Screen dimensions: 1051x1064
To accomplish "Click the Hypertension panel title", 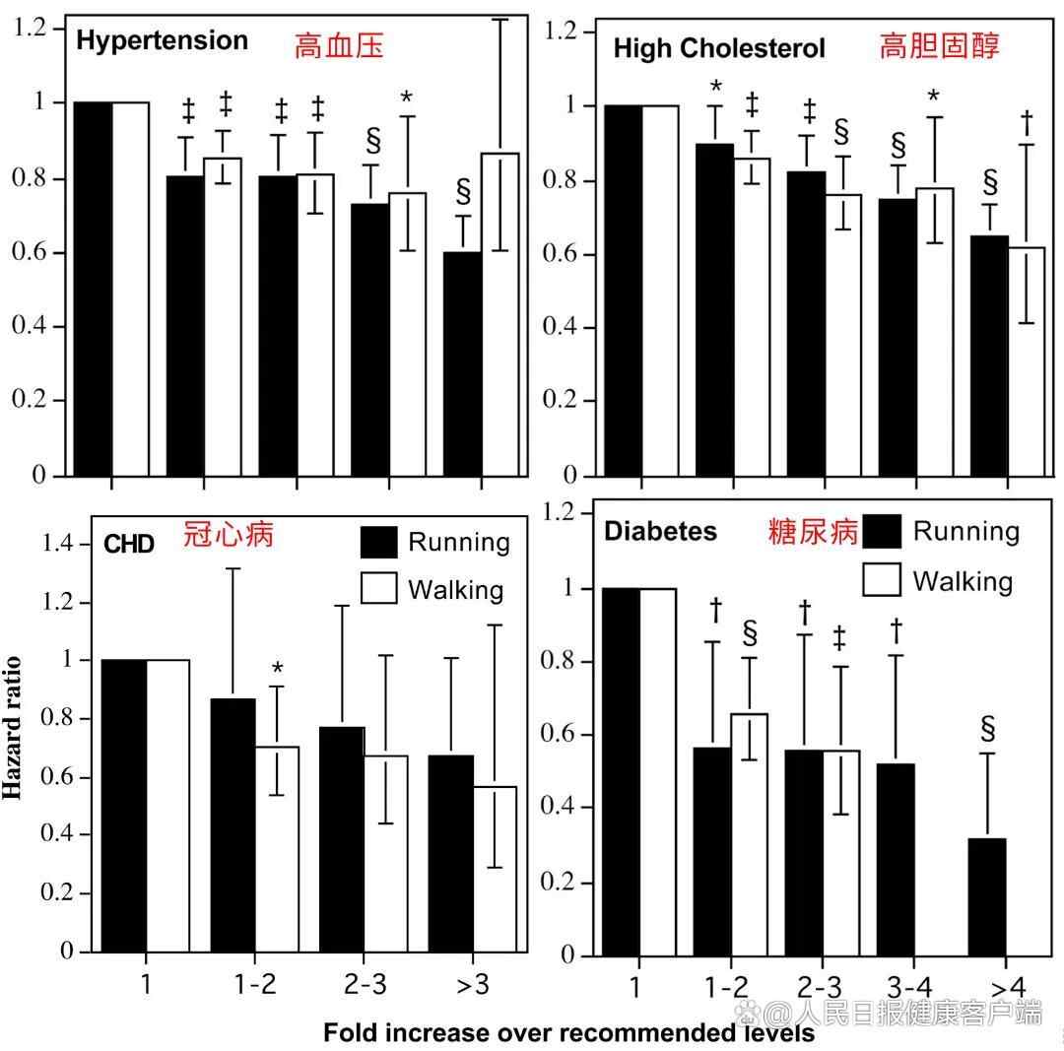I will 162,41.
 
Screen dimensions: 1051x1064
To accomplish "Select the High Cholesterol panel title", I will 719,48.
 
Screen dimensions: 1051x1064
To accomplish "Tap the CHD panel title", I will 129,544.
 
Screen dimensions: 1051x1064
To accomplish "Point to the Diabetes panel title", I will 660,532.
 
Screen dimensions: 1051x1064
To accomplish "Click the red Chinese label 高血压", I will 339,45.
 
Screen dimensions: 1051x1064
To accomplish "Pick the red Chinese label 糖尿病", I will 814,532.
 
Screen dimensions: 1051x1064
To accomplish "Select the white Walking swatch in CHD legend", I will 379,588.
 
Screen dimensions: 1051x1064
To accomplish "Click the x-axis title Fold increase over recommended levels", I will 568,1033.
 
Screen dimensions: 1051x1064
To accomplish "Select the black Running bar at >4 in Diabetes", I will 988,896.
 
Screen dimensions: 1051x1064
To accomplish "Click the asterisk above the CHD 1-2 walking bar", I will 277,670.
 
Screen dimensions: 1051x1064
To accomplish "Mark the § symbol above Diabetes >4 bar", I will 988,729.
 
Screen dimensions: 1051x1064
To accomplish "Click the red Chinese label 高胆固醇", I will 939,47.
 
